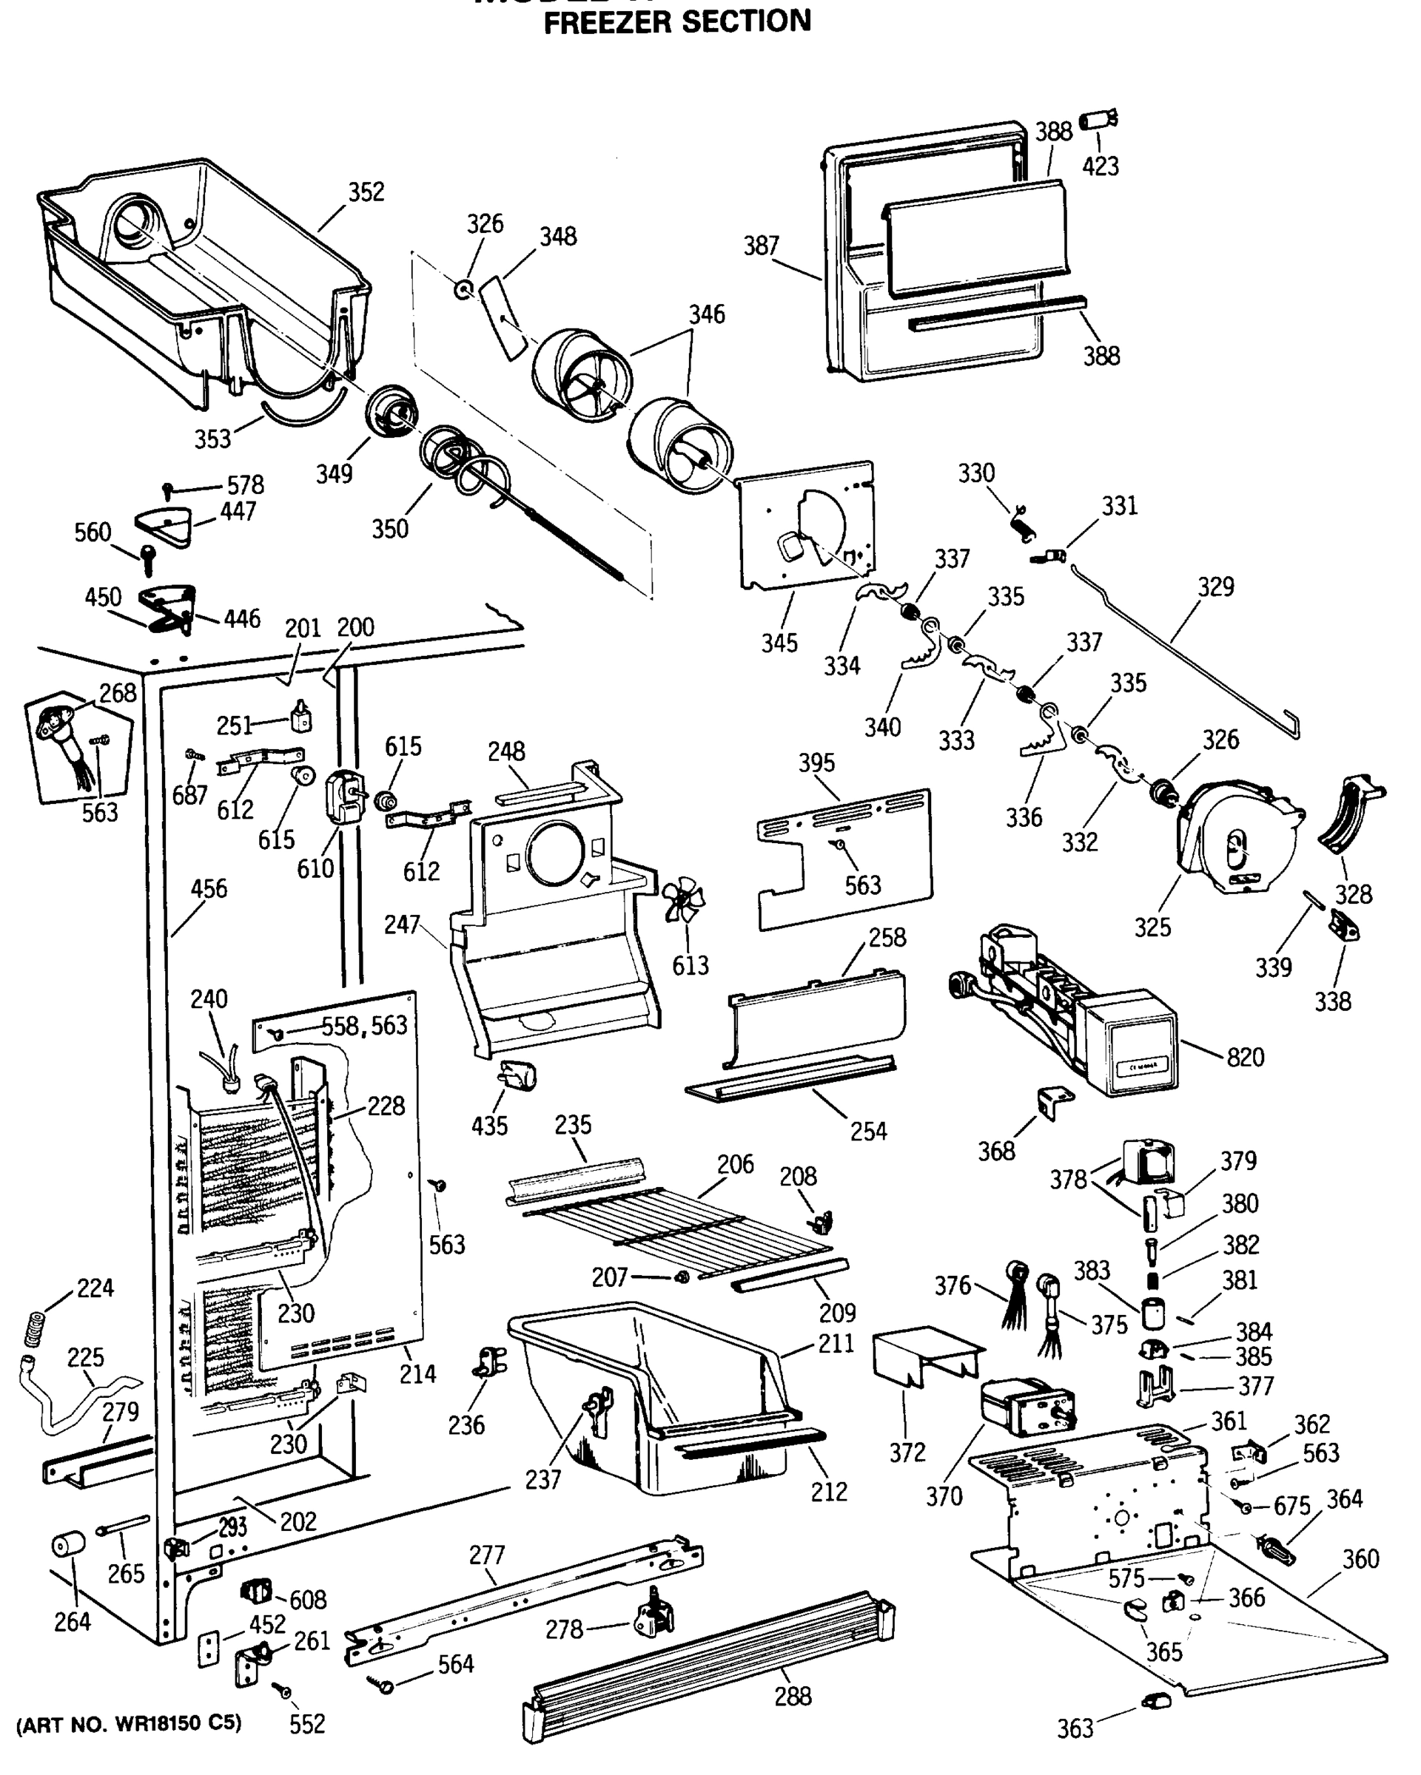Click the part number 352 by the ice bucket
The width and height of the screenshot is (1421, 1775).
pos(366,192)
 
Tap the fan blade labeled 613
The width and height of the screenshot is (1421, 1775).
pos(683,900)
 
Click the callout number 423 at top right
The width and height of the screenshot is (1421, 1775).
pos(1101,166)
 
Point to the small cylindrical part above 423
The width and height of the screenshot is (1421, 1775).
pos(1098,121)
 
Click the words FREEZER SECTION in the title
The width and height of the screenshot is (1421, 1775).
pos(677,21)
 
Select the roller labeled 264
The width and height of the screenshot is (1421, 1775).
pos(68,1544)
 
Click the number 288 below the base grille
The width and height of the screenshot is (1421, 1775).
pos(793,1696)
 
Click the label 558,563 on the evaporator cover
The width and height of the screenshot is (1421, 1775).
pos(364,1025)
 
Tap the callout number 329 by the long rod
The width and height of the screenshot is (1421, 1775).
pos(1215,587)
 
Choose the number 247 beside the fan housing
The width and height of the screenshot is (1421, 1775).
pos(402,924)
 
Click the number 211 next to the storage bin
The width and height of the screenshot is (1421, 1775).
pos(836,1344)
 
